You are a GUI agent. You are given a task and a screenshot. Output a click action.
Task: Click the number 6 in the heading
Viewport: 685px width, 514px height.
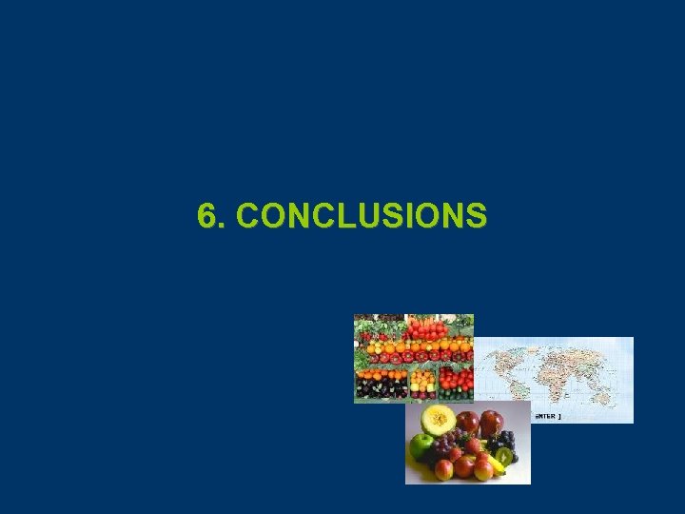(207, 215)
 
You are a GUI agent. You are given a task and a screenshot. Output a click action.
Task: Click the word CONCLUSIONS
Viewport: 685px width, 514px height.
(362, 215)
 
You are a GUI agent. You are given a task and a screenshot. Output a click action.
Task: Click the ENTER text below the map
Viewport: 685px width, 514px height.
(547, 417)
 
